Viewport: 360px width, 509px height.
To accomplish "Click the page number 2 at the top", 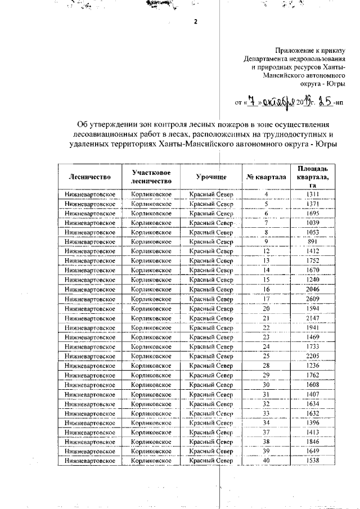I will pos(195,22).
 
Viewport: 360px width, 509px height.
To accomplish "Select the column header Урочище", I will pos(211,177).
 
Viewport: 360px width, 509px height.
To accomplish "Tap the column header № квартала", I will pos(266,177).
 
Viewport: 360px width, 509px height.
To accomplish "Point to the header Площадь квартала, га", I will pos(313,177).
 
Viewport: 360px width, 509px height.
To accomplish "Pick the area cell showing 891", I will pos(313,241).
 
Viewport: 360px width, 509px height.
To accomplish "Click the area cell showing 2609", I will pos(313,298).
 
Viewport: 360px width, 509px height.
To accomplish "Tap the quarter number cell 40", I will pos(266,461).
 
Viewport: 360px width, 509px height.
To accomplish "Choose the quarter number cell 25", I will pos(266,356).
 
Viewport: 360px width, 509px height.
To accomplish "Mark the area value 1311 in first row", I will pos(313,194).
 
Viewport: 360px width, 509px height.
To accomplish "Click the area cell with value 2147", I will pos(313,318).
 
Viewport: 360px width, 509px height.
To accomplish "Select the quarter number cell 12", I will pos(266,251).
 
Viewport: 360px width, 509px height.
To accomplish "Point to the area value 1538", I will pos(313,461).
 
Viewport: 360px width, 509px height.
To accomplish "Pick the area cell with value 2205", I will pos(313,356).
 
